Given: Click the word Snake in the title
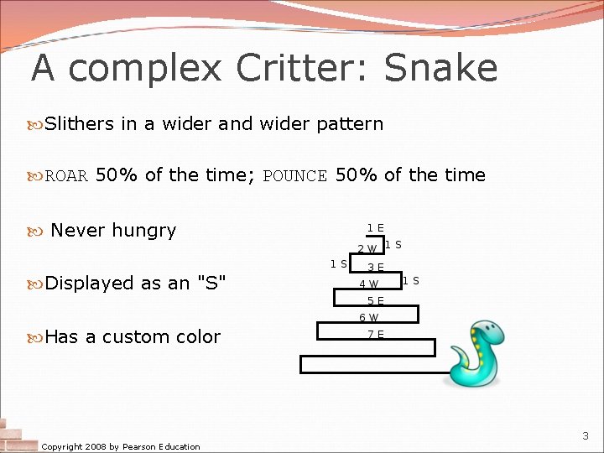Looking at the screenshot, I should pos(440,69).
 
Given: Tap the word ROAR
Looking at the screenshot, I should pos(66,176).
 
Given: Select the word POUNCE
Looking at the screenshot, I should pos(294,176).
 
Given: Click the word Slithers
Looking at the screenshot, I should pos(79,124).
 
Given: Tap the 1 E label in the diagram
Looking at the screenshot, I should pos(375,228).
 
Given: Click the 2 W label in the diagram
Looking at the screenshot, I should pos(367,249).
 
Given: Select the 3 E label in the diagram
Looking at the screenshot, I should pos(375,268).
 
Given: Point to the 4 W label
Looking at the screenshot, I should pos(368,284).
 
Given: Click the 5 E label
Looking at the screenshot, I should pos(375,301).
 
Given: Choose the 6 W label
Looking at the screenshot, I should pos(368,318).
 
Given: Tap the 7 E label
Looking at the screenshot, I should pos(375,335).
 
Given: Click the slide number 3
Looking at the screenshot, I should pos(586,436).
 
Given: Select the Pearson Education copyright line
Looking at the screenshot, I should pos(121,446).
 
